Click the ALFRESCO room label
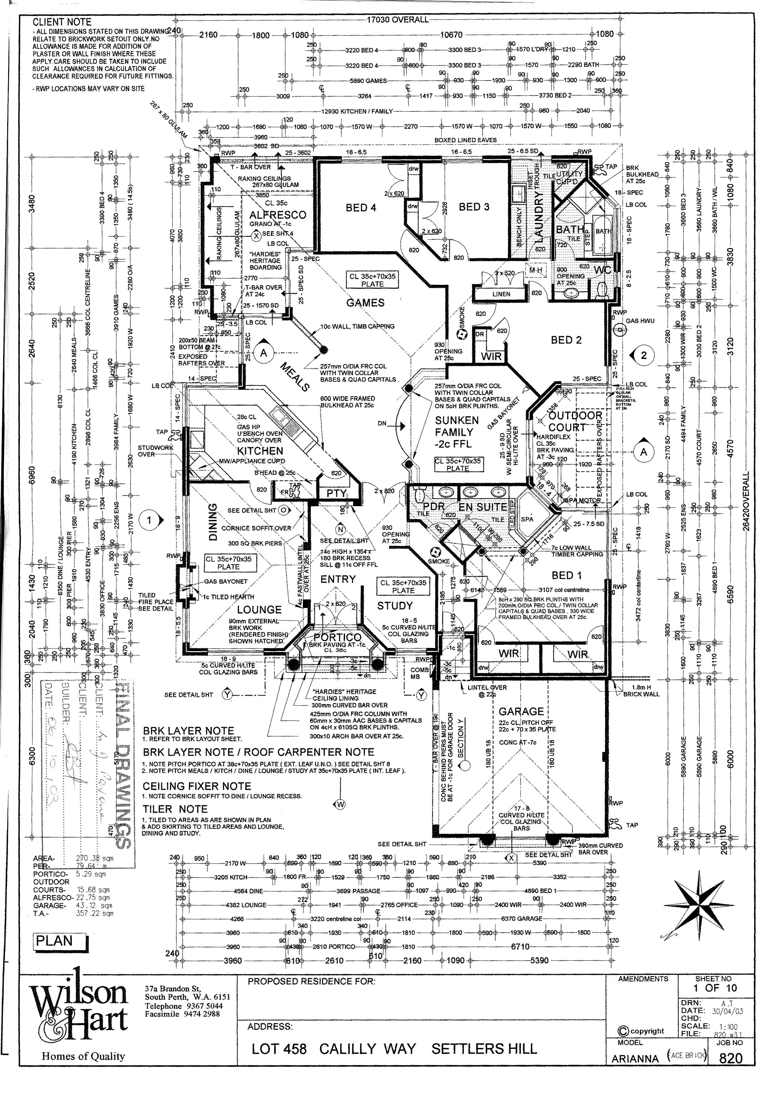click(277, 215)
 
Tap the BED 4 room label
click(361, 208)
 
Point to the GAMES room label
click(365, 303)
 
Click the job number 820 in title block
click(731, 1072)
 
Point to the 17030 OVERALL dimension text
click(397, 20)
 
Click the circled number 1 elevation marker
click(149, 520)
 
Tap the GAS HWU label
click(640, 321)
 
